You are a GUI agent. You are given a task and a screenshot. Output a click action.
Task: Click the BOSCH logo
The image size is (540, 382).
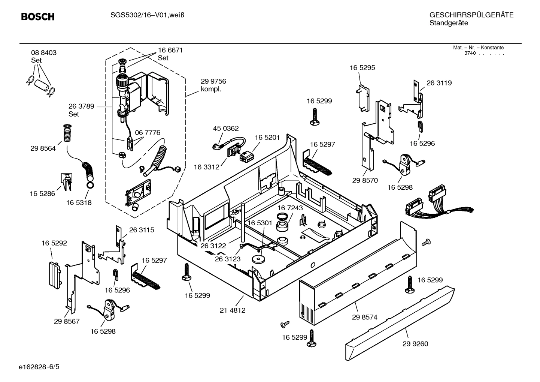click(x=38, y=16)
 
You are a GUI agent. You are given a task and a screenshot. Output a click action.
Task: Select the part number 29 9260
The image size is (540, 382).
click(x=415, y=344)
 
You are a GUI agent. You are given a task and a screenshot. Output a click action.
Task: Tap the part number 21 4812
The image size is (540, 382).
click(x=232, y=310)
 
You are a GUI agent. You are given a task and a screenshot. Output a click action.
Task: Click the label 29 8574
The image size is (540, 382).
click(x=364, y=317)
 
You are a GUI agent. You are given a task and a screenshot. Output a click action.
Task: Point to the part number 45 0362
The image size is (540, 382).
click(x=225, y=129)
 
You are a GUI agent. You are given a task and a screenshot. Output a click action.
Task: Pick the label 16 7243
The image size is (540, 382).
click(x=290, y=208)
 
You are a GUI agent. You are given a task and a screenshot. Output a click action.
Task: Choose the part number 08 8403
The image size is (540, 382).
click(x=44, y=53)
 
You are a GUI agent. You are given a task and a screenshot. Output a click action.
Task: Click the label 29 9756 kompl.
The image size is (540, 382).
click(x=213, y=85)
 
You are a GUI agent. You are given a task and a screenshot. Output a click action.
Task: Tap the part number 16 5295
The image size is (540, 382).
click(x=362, y=68)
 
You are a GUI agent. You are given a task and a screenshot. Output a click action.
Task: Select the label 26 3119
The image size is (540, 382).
click(x=439, y=83)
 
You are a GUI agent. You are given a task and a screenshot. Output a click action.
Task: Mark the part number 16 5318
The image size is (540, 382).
click(x=79, y=202)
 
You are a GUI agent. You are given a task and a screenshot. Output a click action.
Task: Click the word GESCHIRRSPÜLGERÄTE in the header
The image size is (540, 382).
click(x=471, y=15)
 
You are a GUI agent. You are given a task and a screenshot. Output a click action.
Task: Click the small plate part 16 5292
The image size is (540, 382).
click(x=54, y=274)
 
